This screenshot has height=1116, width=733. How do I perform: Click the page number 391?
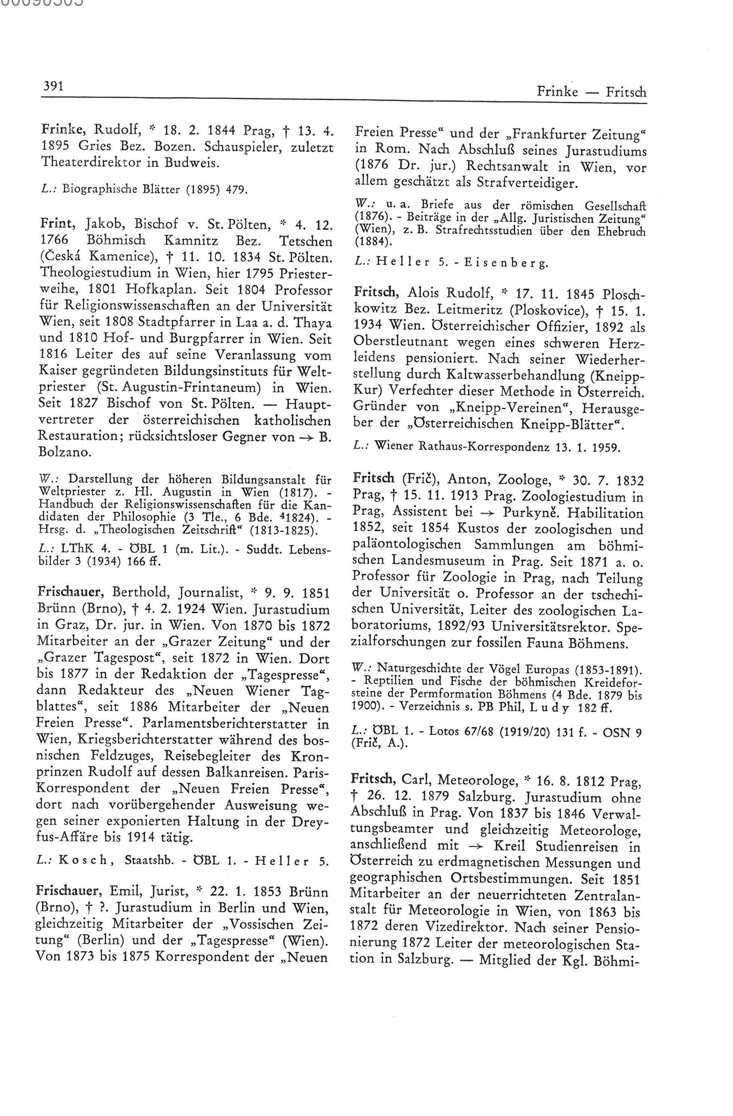54,86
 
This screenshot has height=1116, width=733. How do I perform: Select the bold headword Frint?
59,225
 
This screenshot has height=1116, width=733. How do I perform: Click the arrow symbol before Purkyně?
487,513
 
